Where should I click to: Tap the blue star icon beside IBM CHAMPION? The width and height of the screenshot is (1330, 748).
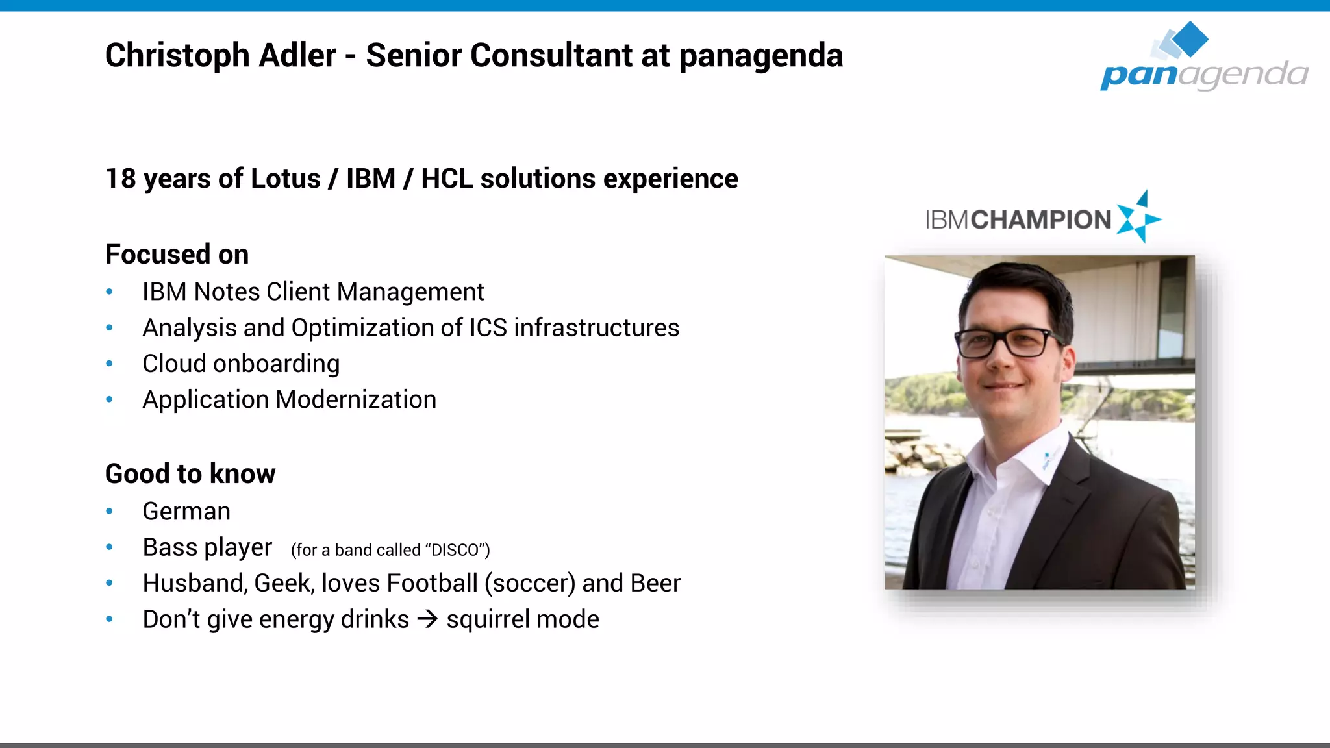click(1138, 218)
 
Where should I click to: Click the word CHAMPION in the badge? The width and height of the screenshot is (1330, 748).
click(1041, 220)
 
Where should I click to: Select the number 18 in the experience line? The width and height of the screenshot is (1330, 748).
click(121, 179)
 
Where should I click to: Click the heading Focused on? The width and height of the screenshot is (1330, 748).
click(177, 255)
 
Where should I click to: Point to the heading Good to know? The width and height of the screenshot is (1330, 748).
click(190, 474)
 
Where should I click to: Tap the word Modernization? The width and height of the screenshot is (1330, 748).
click(356, 400)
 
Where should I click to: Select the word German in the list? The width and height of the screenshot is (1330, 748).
click(186, 512)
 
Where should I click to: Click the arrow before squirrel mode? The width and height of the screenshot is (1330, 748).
click(427, 619)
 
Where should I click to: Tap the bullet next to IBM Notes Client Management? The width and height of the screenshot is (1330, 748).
click(110, 292)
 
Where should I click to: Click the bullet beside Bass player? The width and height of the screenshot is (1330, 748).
click(110, 547)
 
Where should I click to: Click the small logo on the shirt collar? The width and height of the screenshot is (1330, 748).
click(1048, 458)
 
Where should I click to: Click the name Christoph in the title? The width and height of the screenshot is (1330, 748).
click(177, 56)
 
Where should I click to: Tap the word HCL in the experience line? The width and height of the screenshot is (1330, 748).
click(447, 179)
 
